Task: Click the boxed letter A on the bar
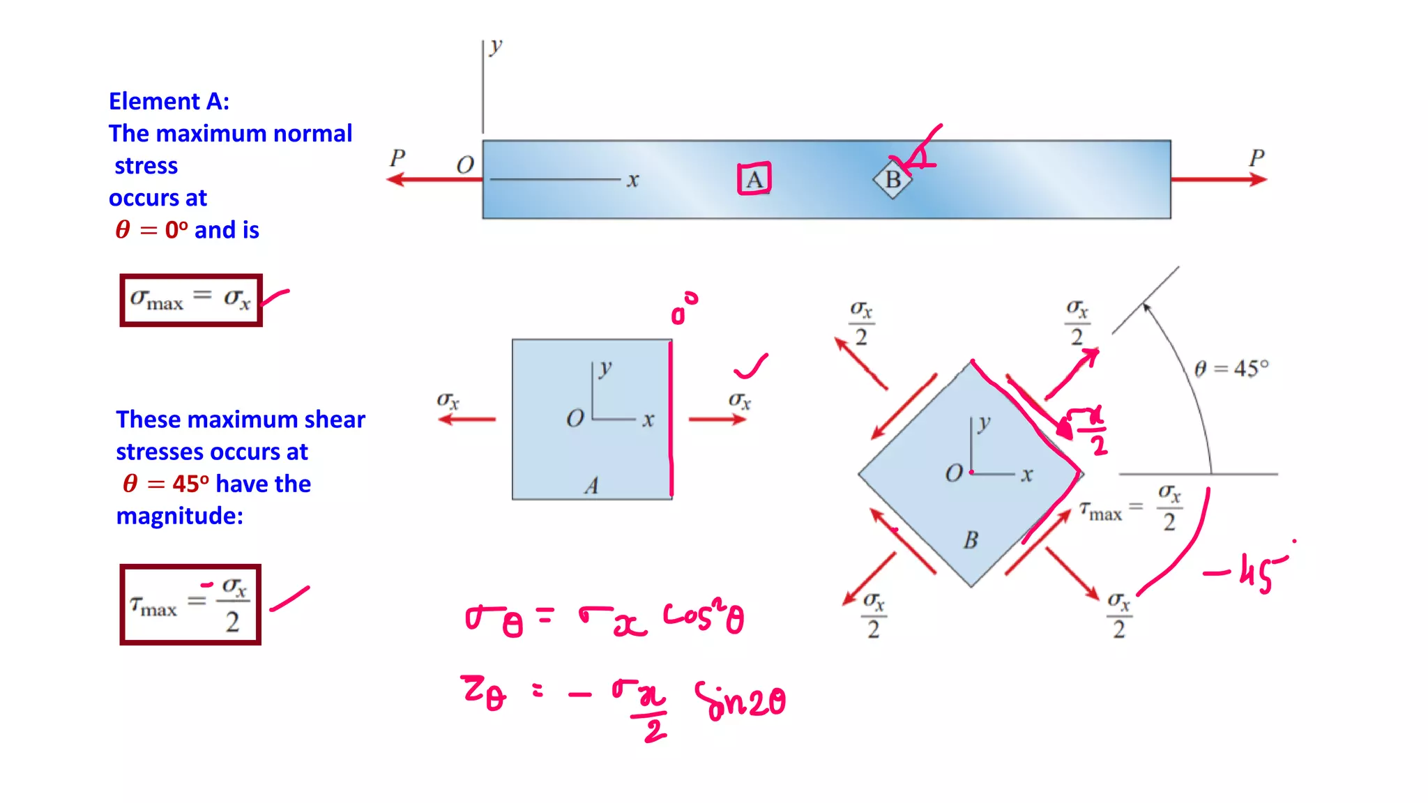[754, 180]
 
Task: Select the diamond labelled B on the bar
[892, 180]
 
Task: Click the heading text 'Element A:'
[169, 102]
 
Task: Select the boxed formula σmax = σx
[191, 300]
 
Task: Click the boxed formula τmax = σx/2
[190, 604]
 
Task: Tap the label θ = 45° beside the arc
[1231, 368]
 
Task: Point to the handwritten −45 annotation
[1247, 572]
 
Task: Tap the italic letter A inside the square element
[591, 485]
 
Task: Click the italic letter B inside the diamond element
[971, 540]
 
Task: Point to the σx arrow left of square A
[466, 419]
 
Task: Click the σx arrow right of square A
[717, 419]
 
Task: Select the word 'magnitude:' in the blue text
[180, 516]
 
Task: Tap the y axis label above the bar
[495, 47]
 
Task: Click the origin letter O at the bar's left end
[465, 165]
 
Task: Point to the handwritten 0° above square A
[683, 309]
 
